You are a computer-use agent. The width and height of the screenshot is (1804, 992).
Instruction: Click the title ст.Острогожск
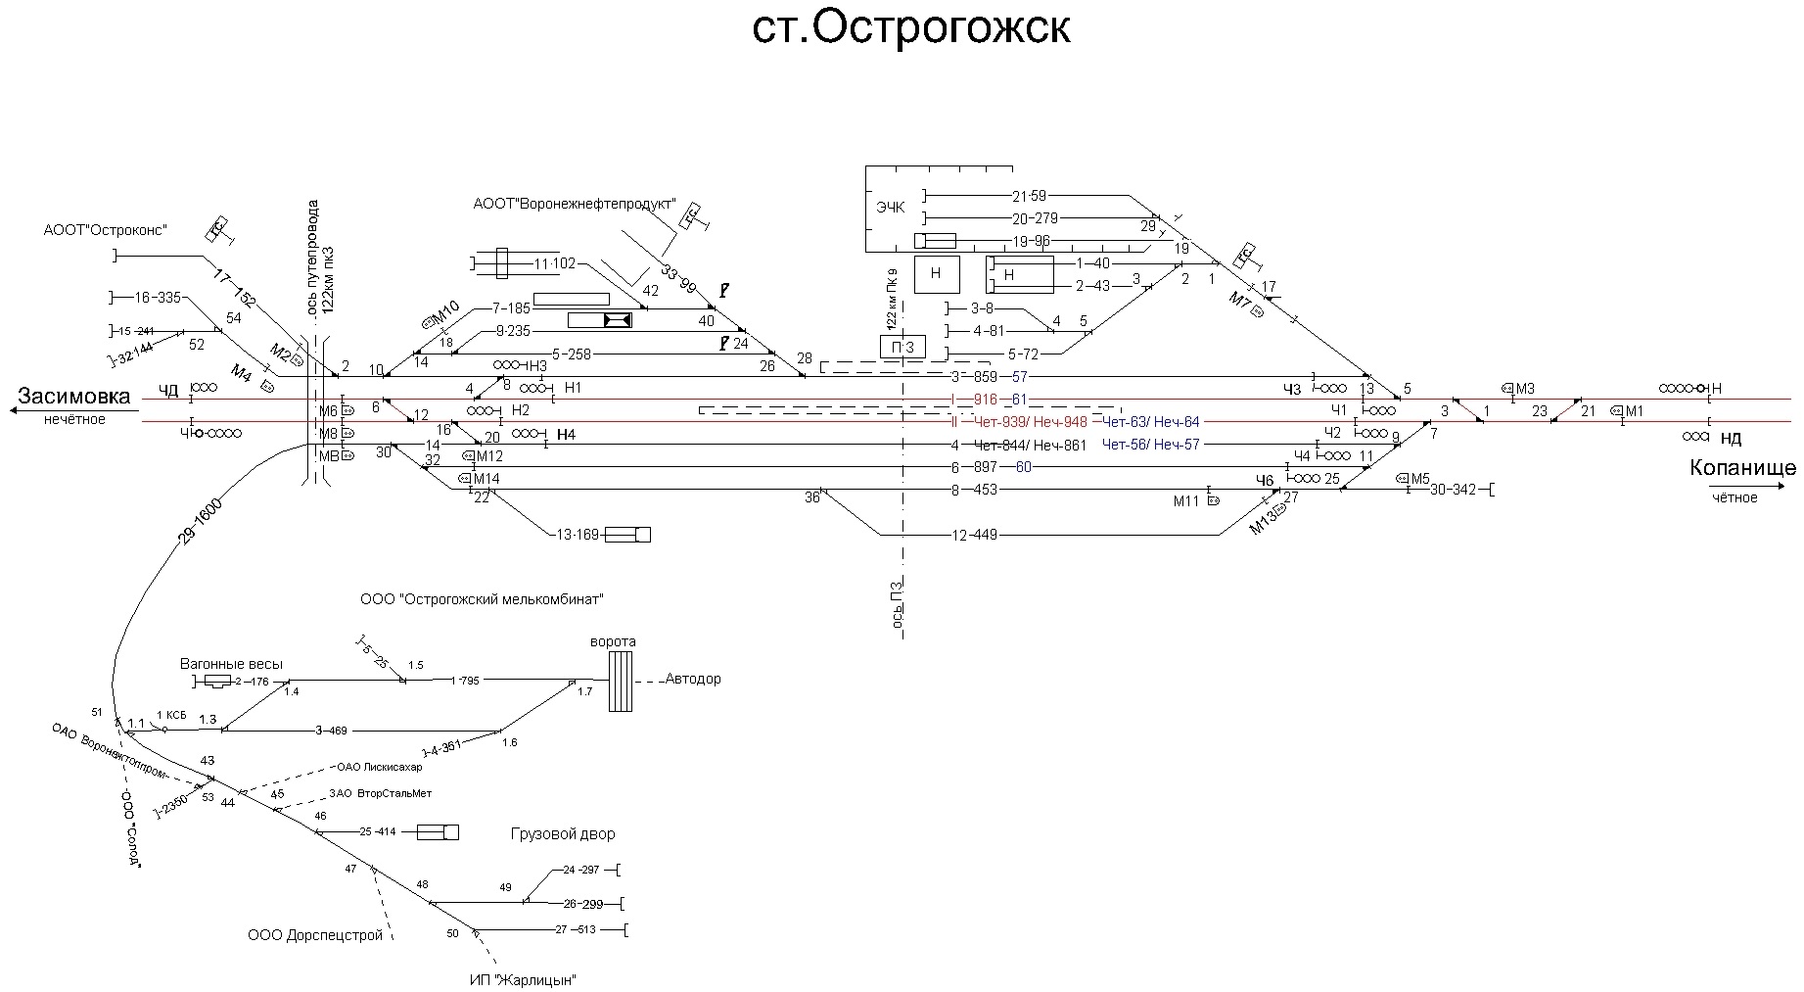[910, 29]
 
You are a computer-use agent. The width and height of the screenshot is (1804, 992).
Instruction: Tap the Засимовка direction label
[74, 397]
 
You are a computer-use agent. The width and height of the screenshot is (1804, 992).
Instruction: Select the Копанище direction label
[1742, 468]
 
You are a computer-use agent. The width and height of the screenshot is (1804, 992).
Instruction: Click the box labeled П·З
[902, 347]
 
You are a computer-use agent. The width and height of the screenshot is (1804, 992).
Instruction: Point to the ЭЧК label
[891, 208]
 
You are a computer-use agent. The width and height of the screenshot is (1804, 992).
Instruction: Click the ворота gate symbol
[620, 681]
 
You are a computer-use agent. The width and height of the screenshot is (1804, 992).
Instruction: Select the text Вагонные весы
[231, 664]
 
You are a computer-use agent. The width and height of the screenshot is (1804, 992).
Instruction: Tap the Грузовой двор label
[563, 834]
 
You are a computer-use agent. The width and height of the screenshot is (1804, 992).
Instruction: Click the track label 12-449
[974, 535]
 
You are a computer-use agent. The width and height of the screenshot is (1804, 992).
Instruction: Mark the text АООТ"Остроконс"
[106, 230]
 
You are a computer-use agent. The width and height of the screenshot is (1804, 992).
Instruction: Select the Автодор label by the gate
[693, 679]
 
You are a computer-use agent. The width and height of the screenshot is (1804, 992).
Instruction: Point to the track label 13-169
[577, 535]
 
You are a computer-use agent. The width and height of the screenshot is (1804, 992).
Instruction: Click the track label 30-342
[1453, 490]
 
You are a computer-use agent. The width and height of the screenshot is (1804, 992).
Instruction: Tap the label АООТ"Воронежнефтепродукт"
[574, 205]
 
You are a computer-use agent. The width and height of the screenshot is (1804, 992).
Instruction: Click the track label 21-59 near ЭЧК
[1029, 196]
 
